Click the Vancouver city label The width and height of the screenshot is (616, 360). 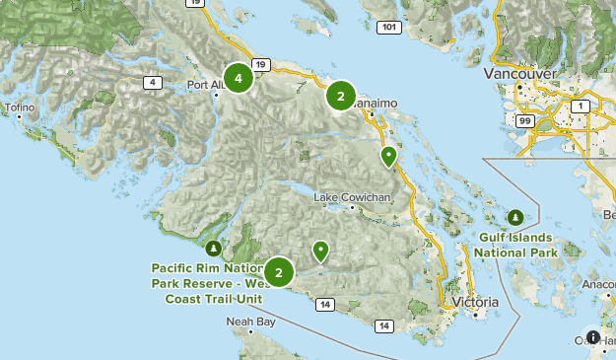520,74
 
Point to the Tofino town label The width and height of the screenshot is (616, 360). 18,108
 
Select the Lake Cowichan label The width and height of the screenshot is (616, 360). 352,197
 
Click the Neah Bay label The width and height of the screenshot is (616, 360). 250,322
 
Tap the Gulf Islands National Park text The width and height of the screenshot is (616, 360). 515,245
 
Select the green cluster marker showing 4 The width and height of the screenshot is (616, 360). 238,76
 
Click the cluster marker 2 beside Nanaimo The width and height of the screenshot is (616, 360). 340,96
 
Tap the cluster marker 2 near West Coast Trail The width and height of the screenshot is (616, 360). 279,272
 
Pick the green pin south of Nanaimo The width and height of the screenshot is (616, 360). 389,156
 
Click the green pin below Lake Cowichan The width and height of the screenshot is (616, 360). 320,252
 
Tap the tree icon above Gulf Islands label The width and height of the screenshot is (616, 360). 515,217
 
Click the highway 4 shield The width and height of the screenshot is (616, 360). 153,82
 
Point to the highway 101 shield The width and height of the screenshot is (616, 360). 389,27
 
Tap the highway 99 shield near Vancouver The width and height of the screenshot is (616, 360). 524,120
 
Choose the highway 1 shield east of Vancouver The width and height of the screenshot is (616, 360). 581,106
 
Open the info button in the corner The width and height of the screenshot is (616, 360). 593,337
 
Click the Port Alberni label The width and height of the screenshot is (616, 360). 207,85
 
